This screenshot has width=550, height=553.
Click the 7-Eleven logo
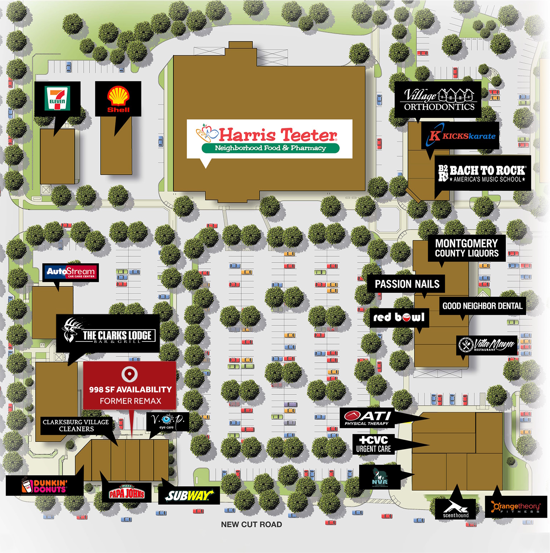pos(57,99)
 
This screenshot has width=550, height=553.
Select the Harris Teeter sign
pos(269,139)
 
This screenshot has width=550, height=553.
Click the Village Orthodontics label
pos(438,100)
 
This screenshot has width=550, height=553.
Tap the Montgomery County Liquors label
pos(466,248)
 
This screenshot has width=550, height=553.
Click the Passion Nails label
pos(407,284)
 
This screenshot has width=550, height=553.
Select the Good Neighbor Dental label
pos(482,306)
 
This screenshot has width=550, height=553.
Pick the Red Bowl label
pos(399,317)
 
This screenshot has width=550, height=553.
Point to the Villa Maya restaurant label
pos(486,345)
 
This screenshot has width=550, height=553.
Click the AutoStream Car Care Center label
pos(71,273)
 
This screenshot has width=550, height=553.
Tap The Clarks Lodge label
pos(108,334)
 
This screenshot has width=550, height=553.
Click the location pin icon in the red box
pos(129,374)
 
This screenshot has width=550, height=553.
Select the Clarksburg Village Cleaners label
pos(76,425)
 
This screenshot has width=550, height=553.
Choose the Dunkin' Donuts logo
pos(45,485)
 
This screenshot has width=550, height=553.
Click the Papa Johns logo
pos(127,493)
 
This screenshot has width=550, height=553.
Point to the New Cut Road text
pos(251,524)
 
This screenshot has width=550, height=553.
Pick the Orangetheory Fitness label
pos(516,507)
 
